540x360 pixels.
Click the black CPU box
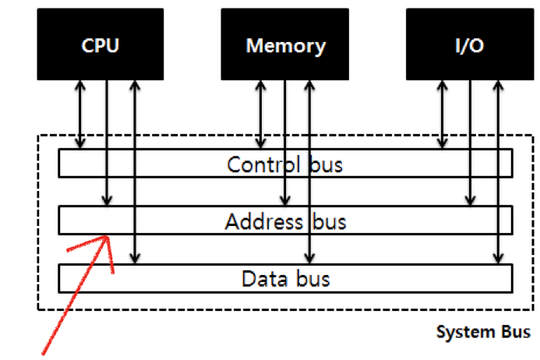(101, 44)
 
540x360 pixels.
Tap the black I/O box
(469, 44)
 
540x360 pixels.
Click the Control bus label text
(284, 164)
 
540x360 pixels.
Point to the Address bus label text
(284, 222)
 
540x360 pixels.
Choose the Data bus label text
(284, 278)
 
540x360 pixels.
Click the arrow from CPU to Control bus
(79, 113)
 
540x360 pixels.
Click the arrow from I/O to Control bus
(443, 113)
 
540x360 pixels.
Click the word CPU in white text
(101, 45)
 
